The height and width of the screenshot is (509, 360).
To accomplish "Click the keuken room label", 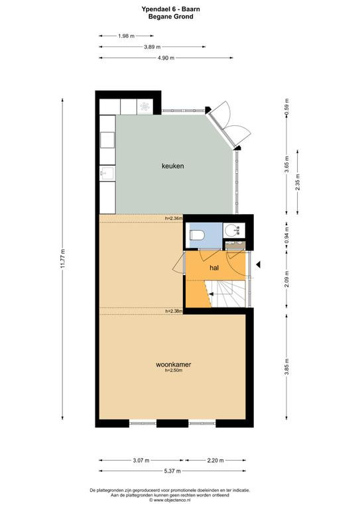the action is tap(172, 166).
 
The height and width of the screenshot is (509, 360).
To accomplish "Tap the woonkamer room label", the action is tap(173, 365).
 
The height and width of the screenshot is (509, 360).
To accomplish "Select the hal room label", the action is tap(214, 268).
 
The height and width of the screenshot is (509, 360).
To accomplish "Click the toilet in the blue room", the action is tap(197, 235).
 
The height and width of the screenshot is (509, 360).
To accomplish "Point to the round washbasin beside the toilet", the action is tap(233, 230).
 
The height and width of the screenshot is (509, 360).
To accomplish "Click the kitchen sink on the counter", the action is tap(107, 173).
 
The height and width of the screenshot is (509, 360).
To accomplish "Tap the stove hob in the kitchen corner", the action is tap(145, 106).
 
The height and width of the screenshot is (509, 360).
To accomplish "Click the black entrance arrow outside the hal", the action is tap(258, 265).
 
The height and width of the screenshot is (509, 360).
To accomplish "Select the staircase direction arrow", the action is tap(211, 294).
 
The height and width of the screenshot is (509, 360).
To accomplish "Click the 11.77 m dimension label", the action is tap(63, 258).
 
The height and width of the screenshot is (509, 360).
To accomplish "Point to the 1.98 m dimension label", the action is tap(126, 36).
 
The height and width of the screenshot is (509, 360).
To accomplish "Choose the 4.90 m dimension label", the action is tap(166, 58).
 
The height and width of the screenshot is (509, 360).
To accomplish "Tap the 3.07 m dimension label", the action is tap(141, 461).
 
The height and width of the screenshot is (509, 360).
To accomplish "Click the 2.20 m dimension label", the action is tap(215, 461).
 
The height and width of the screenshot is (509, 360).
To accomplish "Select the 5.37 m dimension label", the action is tap(172, 471).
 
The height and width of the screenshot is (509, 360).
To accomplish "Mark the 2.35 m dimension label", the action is tap(298, 182).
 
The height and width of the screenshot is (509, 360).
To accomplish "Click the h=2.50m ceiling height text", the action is tap(174, 370).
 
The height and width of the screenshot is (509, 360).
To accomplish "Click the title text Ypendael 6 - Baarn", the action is tap(171, 9).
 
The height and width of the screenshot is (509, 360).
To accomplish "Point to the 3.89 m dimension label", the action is tap(152, 47).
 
